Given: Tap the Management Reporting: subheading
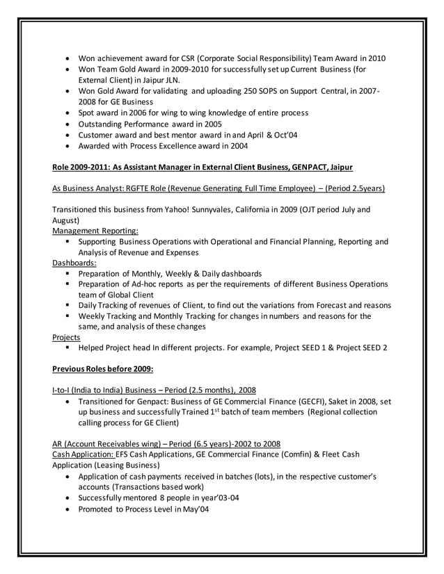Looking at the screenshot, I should click(95, 229).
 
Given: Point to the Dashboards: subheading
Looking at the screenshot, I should click(74, 263).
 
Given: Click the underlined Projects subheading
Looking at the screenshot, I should click(66, 336).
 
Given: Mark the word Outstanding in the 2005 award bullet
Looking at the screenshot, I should click(104, 124).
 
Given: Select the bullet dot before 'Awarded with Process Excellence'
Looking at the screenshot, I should click(67, 147).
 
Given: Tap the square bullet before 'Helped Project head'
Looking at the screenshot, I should click(70, 347).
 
